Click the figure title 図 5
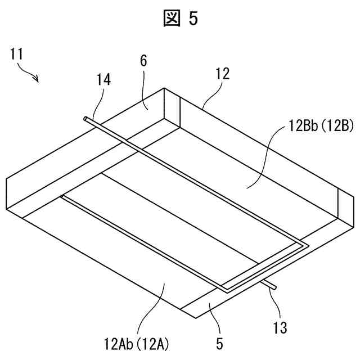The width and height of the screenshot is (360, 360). (x=180, y=19)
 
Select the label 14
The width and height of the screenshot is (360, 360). (x=103, y=80)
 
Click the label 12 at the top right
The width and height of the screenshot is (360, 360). (x=222, y=73)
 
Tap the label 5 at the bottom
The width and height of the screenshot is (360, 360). (x=219, y=341)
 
